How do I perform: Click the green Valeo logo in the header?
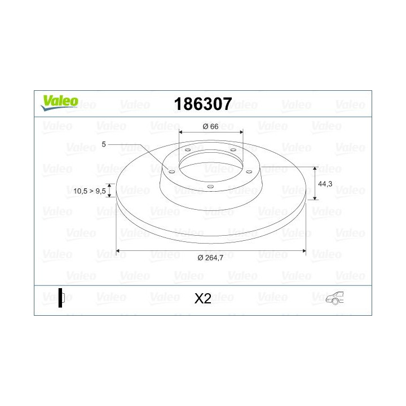pyautogui.click(x=59, y=101)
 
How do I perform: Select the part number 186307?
pyautogui.click(x=202, y=104)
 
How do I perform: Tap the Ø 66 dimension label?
pyautogui.click(x=210, y=126)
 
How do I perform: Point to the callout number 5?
pyautogui.click(x=104, y=144)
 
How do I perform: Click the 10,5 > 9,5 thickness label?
pyautogui.click(x=90, y=191)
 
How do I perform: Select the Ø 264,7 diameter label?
pyautogui.click(x=211, y=258)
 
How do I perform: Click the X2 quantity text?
pyautogui.click(x=202, y=298)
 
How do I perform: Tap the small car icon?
pyautogui.click(x=334, y=298)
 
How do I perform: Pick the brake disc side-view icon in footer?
pyautogui.click(x=61, y=298)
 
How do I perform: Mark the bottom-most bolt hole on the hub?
pyautogui.click(x=210, y=187)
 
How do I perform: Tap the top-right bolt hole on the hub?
pyautogui.click(x=232, y=150)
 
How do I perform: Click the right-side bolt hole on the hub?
pyautogui.click(x=249, y=171)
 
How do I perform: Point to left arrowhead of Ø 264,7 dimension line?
pyautogui.click(x=118, y=250)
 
